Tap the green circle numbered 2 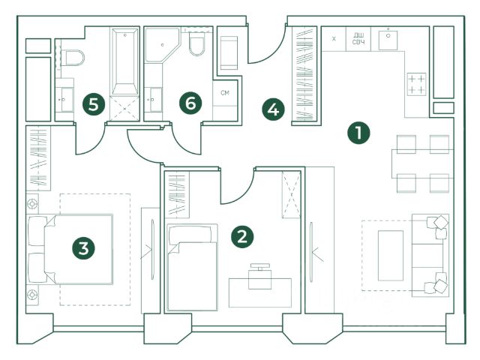click(241, 237)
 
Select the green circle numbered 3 click(84, 247)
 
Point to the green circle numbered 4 click(274, 109)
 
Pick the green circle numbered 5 click(93, 104)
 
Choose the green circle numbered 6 click(191, 104)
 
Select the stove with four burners click(416, 84)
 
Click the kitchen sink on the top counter click(388, 39)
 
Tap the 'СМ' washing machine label click(224, 93)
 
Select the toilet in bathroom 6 click(198, 45)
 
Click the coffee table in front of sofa click(390, 256)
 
